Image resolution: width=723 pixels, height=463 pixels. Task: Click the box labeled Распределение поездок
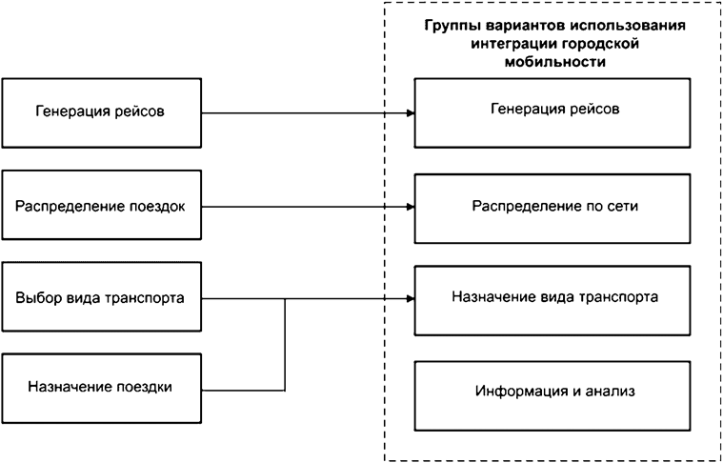[102, 205]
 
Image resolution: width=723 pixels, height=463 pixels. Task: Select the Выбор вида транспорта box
[102, 296]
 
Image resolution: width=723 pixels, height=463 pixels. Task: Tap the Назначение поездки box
[102, 387]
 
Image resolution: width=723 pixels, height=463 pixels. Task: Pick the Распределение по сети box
[552, 205]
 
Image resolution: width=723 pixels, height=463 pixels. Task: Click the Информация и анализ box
[552, 391]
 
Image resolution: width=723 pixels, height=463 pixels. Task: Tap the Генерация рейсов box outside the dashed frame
[102, 111]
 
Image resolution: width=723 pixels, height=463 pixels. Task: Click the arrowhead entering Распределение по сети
[411, 205]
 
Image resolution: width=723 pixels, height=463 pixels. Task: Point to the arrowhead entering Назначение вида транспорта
[411, 297]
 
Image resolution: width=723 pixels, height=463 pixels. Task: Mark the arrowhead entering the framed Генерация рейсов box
[411, 112]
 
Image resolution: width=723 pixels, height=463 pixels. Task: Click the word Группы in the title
[448, 25]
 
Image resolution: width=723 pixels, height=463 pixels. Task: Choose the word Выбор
[34, 296]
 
